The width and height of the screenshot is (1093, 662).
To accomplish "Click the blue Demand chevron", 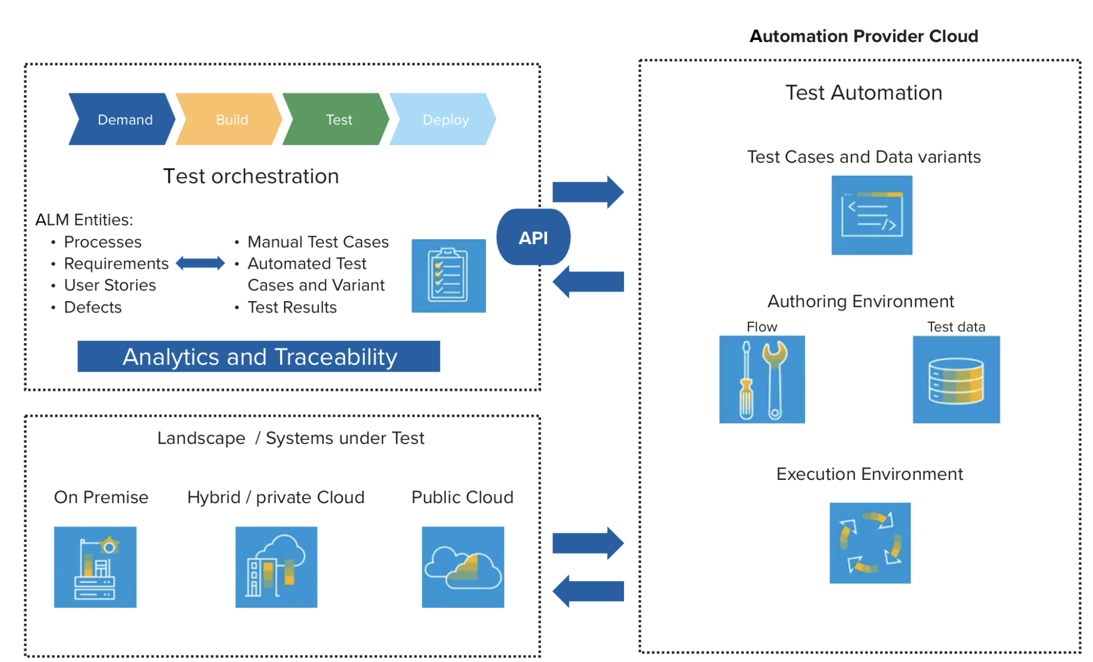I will coord(122,120).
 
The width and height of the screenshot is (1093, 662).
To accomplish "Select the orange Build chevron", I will coord(229,120).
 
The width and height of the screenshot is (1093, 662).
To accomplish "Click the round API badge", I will coord(533,237).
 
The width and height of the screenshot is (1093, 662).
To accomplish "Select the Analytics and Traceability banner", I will coord(258,357).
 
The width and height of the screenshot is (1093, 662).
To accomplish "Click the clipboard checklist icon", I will coord(449,276).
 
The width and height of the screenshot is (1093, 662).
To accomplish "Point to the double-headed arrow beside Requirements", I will coord(200,263).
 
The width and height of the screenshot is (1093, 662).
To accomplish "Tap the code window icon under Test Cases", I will coord(872,215).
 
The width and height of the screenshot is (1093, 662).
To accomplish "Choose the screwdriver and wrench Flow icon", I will coord(762,379).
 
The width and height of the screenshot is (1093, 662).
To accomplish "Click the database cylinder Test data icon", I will coord(956,380).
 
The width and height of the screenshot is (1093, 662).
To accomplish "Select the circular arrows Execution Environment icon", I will coord(870,543).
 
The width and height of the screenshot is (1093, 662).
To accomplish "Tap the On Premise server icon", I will coord(95,567).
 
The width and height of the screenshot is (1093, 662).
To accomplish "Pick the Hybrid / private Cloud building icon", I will coord(276,567).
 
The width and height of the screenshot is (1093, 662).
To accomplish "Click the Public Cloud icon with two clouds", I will coord(463,567).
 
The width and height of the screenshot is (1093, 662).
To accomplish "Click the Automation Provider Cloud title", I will coord(864,36).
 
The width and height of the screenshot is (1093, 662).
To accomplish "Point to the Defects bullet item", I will coord(93,307).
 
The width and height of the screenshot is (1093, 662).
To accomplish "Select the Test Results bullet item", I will coord(292,307).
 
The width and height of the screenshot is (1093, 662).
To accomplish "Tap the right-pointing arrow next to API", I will coord(588,192).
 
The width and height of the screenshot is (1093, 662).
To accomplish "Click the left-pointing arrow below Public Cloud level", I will coord(588,591).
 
